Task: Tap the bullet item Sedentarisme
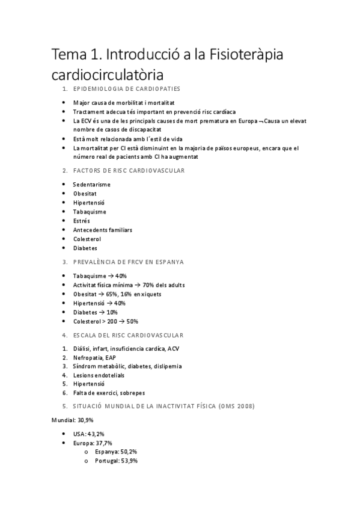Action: point(91,184)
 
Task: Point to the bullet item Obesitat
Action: point(85,193)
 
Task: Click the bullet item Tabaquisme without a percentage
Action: point(90,212)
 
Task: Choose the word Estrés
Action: point(82,221)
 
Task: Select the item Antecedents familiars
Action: point(102,230)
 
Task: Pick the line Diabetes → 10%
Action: point(95,312)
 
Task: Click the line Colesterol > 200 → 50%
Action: point(105,321)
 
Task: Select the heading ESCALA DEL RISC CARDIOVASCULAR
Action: point(128,335)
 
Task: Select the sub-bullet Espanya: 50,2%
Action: point(121,452)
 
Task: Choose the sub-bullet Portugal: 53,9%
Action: point(121,461)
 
